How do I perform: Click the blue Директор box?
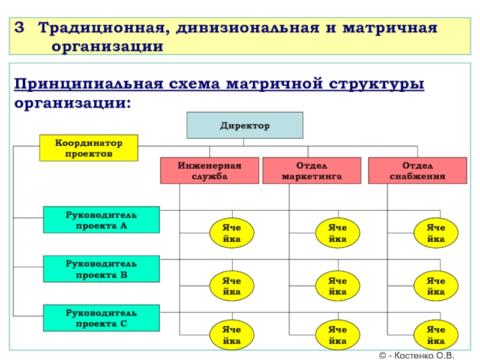pyautogui.click(x=245, y=126)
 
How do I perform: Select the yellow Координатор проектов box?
pyautogui.click(x=89, y=148)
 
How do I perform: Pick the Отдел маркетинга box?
pyautogui.click(x=311, y=170)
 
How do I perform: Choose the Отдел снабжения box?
pyautogui.click(x=417, y=170)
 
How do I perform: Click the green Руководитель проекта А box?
pyautogui.click(x=101, y=220)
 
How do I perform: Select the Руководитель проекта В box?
pyautogui.click(x=101, y=269)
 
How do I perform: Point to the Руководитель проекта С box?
pyautogui.click(x=101, y=318)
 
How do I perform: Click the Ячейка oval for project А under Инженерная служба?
pyautogui.click(x=231, y=233)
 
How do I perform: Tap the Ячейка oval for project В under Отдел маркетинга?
pyautogui.click(x=338, y=286)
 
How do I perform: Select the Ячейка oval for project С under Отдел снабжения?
pyautogui.click(x=436, y=335)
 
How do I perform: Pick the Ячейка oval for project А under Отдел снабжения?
pyautogui.click(x=436, y=233)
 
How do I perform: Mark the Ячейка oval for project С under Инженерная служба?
pyautogui.click(x=231, y=335)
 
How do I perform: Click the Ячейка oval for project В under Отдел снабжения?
pyautogui.click(x=436, y=286)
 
